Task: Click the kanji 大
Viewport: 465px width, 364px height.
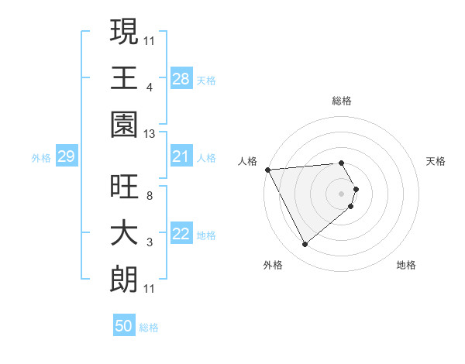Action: point(125,234)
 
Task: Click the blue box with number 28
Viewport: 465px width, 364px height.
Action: point(181,79)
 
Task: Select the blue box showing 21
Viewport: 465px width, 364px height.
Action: point(181,157)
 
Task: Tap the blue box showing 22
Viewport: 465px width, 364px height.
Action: point(181,235)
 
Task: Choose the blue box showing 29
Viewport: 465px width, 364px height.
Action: point(67,157)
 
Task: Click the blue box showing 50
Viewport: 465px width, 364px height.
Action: point(124,326)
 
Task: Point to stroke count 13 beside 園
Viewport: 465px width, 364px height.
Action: point(150,134)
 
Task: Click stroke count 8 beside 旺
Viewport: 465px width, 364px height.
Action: point(149,195)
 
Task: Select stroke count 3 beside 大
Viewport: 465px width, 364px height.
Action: point(149,242)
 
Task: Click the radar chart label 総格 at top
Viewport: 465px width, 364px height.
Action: point(341,101)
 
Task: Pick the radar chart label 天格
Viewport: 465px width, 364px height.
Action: point(436,161)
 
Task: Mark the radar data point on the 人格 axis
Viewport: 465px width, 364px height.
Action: point(267,169)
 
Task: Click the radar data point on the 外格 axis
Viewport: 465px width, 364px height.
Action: point(305,245)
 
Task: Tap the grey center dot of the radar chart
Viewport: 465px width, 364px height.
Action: point(341,192)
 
